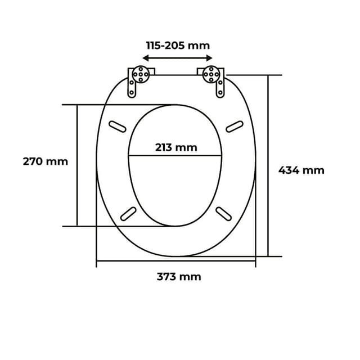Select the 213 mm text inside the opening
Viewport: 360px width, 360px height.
point(176,147)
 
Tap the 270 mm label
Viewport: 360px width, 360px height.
point(45,161)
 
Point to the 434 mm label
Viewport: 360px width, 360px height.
point(301,170)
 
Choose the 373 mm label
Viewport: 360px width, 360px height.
point(178,277)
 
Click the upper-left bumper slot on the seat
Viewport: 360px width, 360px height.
point(118,126)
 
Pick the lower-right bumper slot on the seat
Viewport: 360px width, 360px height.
point(224,214)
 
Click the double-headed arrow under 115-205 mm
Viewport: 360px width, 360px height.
point(177,58)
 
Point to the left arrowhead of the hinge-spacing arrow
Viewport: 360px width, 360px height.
point(145,58)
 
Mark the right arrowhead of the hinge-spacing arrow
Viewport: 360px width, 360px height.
point(209,58)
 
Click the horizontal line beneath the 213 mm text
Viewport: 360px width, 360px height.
point(176,155)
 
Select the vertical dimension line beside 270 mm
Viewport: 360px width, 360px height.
point(76,165)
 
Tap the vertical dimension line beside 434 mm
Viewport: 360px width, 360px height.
point(268,165)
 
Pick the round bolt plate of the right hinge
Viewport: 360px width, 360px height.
point(210,73)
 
